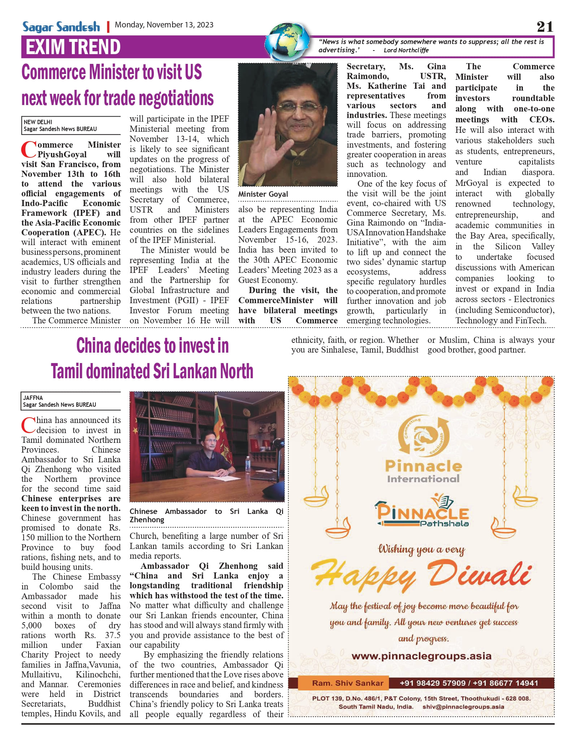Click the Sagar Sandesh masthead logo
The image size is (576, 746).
pos(61,27)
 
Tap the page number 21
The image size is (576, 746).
pos(545,27)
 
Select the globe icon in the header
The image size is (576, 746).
pos(287,42)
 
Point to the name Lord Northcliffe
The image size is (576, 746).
pos(406,50)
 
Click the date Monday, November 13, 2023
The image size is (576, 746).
pos(164,25)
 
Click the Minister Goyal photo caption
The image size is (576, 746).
pos(263,194)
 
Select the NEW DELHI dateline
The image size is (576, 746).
pos(38,122)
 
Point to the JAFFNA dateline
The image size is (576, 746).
pos(33,398)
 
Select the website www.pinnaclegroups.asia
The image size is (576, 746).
pos(421,656)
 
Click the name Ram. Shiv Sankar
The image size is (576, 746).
pos(347,683)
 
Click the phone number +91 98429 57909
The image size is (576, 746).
pos(433,683)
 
